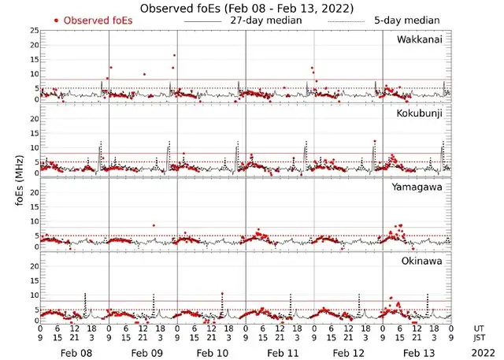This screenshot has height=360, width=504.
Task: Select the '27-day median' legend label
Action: [x=265, y=20]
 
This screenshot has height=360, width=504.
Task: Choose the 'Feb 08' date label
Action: [x=76, y=354]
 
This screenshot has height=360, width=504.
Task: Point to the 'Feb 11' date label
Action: [x=281, y=354]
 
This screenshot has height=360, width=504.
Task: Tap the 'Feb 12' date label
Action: [x=350, y=354]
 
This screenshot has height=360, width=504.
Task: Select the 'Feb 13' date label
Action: [x=418, y=354]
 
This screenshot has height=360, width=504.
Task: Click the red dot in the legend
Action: [x=56, y=20]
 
